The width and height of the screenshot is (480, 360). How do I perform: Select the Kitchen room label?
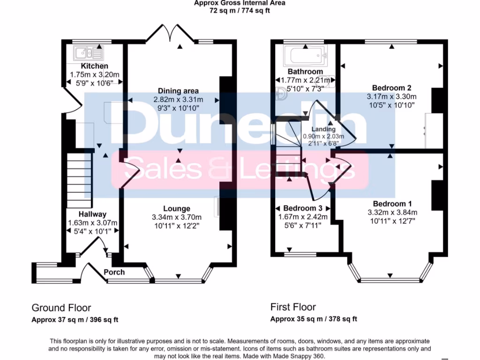click(94, 66)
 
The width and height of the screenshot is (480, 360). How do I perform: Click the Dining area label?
click(178, 91)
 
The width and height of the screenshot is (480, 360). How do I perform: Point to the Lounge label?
click(177, 209)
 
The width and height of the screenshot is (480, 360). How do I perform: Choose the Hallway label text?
click(92, 214)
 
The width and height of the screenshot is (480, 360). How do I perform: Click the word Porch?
click(114, 272)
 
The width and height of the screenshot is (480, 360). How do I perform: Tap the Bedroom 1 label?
click(392, 203)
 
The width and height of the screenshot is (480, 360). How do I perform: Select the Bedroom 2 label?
click(391, 88)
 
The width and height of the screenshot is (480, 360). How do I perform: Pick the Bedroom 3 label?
click(302, 208)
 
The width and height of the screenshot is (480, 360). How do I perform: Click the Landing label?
click(323, 129)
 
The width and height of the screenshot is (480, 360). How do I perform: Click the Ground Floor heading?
click(61, 307)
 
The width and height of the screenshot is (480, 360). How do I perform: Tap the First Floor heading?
click(293, 307)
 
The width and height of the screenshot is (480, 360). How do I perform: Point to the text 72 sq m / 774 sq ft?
click(240, 10)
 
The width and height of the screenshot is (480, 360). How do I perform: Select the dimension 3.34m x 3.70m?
click(177, 217)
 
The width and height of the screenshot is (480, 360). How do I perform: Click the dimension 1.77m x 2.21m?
click(305, 80)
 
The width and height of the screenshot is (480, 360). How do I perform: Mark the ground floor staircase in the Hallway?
click(78, 180)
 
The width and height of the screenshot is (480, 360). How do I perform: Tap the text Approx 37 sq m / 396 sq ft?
click(75, 320)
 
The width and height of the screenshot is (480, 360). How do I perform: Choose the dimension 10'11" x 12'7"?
click(392, 220)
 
